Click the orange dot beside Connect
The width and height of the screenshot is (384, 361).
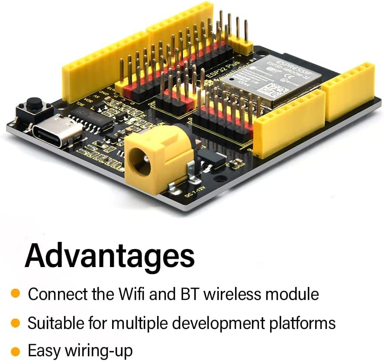tap(16, 294)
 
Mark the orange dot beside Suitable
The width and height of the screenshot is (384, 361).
tap(16, 322)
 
